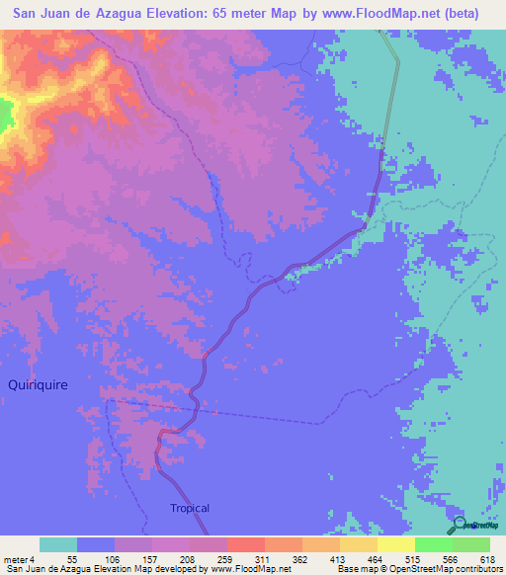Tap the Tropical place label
click(x=189, y=508)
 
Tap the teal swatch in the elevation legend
click(x=58, y=544)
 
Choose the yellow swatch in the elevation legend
click(x=395, y=544)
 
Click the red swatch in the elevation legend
click(x=245, y=544)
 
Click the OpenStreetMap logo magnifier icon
click(x=459, y=525)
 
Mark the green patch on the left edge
click(x=6, y=115)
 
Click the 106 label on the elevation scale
click(x=101, y=559)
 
